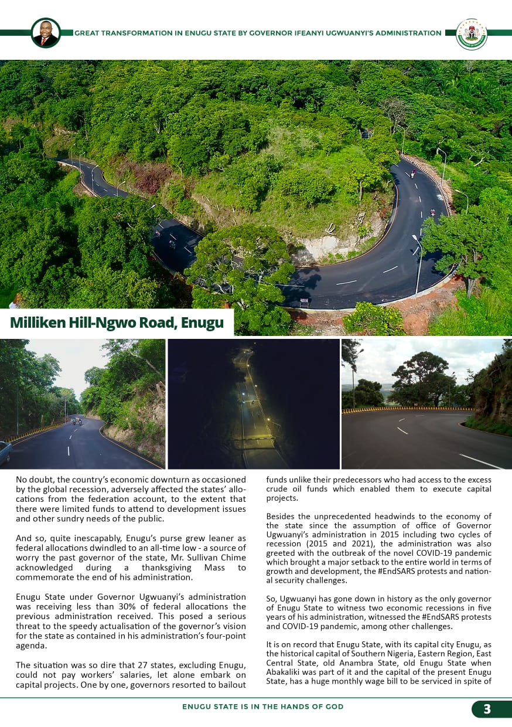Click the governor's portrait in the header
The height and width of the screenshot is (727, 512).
click(45, 33)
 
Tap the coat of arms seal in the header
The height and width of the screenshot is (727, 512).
click(471, 33)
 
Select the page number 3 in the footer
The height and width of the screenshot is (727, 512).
click(487, 709)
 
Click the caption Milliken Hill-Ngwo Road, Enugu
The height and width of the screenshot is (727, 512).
click(117, 323)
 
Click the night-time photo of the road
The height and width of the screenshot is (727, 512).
click(254, 403)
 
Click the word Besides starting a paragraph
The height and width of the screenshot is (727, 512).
click(282, 517)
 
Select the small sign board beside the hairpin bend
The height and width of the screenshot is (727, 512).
click(304, 303)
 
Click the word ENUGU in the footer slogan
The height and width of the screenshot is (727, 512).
click(195, 707)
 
